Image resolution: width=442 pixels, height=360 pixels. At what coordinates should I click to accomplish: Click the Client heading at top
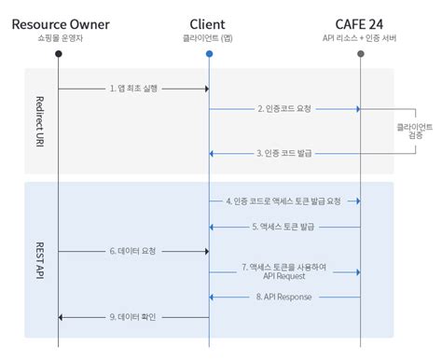(x=209, y=22)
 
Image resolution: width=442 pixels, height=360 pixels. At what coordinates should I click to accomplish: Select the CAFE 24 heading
(x=361, y=22)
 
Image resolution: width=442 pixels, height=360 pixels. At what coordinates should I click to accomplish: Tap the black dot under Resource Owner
(x=58, y=53)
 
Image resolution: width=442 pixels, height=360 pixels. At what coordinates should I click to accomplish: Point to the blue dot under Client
(x=209, y=53)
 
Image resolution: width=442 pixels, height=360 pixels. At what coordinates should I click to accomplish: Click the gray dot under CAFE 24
(x=361, y=53)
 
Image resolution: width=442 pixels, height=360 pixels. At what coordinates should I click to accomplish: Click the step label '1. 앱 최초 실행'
(x=133, y=88)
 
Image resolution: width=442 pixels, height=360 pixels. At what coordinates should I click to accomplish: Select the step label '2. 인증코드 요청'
(x=284, y=108)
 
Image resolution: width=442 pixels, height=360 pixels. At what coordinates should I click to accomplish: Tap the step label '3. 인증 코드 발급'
(x=284, y=152)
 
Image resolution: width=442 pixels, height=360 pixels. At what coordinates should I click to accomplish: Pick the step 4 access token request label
(x=284, y=201)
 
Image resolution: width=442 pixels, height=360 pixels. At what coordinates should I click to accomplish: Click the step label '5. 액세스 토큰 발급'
(x=284, y=227)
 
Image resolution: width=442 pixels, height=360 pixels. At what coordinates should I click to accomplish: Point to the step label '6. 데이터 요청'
(x=133, y=250)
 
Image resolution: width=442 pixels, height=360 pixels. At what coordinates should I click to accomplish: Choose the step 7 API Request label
(x=284, y=271)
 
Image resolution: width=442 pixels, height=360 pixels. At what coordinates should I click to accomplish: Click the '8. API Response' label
(x=284, y=297)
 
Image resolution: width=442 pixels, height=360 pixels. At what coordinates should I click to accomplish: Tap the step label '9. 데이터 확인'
(x=133, y=318)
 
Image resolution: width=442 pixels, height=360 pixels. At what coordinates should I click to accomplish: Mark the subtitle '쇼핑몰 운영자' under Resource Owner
(x=58, y=38)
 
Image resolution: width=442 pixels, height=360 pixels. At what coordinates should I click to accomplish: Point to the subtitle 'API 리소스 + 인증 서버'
(x=361, y=38)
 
